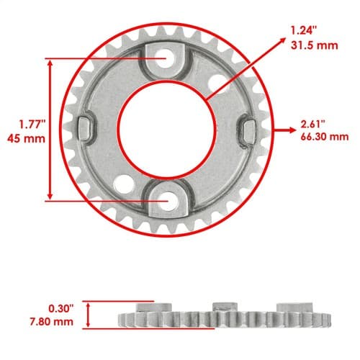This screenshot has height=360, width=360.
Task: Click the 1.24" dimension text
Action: pyautogui.click(x=304, y=31)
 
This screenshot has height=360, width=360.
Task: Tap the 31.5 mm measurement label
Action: pyautogui.click(x=315, y=45)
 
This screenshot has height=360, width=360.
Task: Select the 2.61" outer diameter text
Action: pyautogui.click(x=313, y=125)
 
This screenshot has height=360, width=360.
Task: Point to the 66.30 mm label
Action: pyautogui.click(x=325, y=137)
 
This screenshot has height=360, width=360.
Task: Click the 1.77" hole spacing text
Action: pyautogui.click(x=32, y=125)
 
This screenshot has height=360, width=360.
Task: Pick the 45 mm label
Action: pyautogui.click(x=26, y=139)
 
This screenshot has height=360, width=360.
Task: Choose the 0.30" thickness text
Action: pyautogui.click(x=60, y=309)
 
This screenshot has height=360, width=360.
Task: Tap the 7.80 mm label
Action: pyautogui.click(x=52, y=322)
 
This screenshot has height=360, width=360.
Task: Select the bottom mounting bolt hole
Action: pyautogui.click(x=168, y=201)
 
